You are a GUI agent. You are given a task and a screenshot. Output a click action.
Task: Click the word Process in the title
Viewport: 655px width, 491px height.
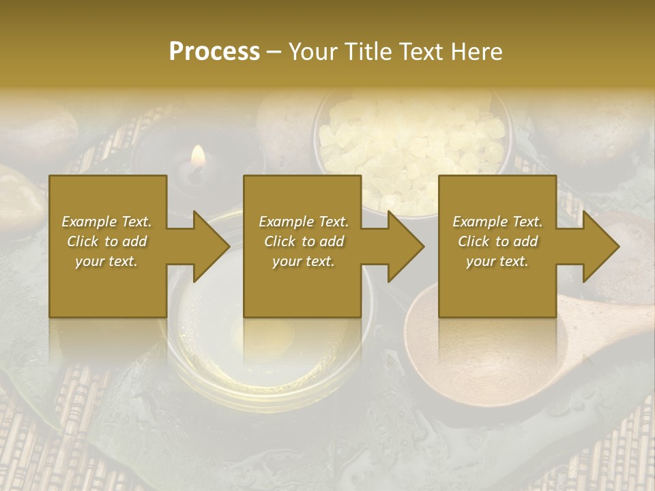tap(214, 51)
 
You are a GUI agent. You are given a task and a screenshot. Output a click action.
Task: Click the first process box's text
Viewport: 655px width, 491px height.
tap(106, 241)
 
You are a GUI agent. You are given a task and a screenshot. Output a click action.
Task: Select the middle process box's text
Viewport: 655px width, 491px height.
tap(303, 241)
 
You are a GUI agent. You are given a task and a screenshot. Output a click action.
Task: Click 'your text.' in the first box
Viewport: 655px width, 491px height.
tap(106, 261)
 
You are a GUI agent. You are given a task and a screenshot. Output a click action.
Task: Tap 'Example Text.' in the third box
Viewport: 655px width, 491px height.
tap(497, 222)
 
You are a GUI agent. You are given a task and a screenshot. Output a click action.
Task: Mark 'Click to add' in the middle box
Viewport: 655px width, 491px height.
tap(303, 241)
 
